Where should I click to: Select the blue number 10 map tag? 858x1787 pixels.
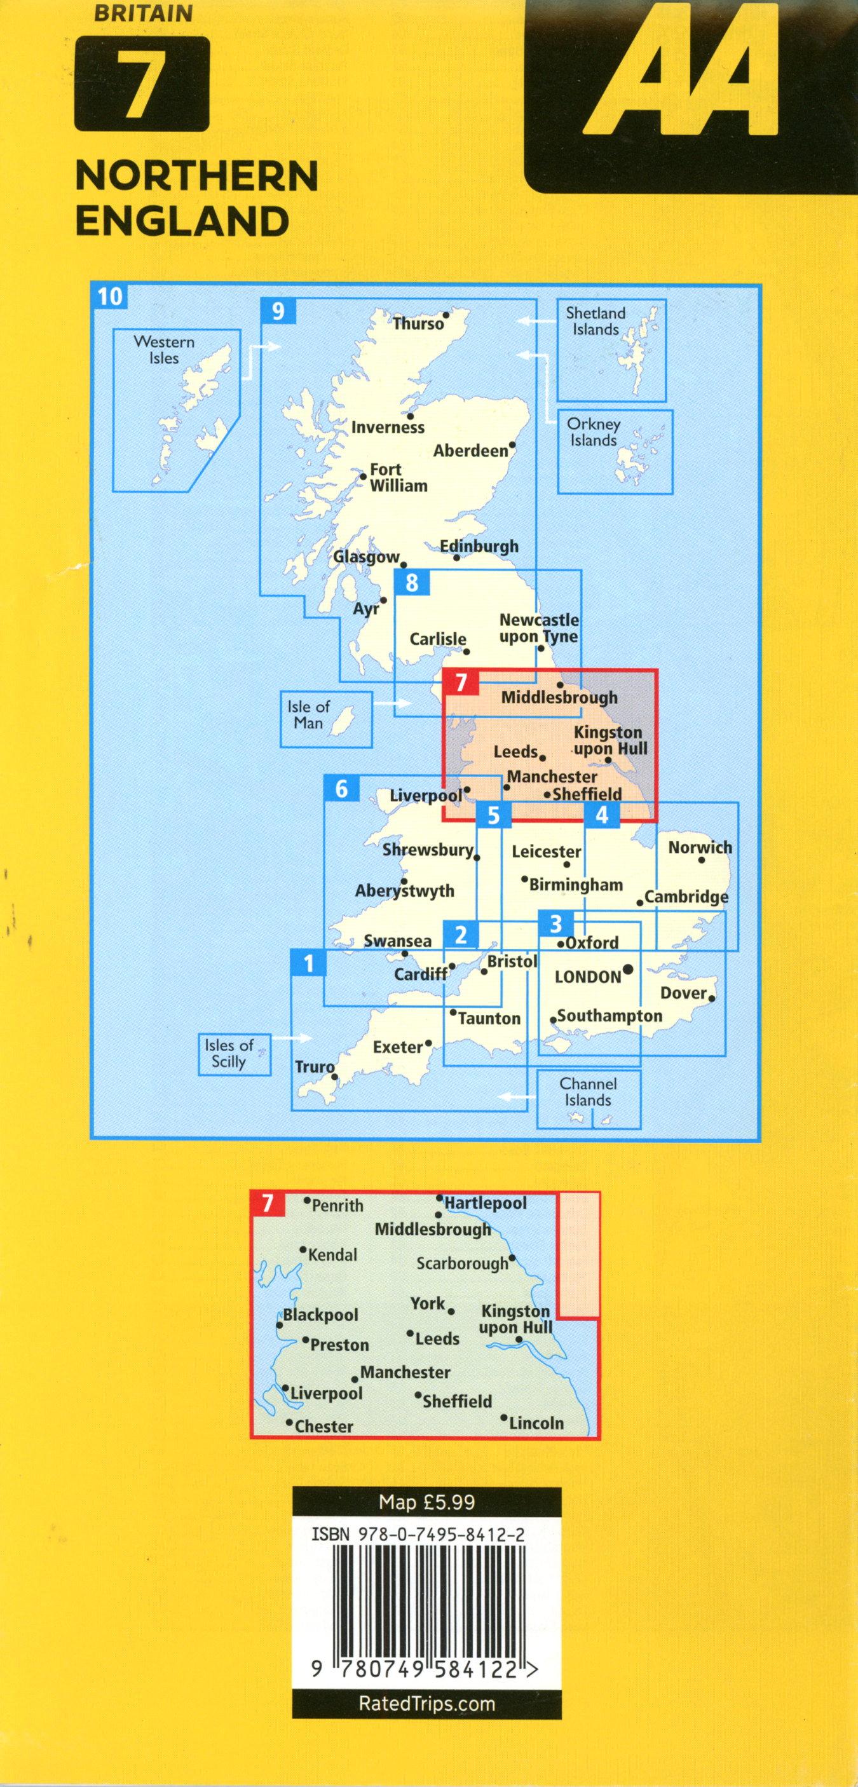point(109,296)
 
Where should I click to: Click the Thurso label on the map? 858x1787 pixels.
point(418,323)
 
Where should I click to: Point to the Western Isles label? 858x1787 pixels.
point(164,350)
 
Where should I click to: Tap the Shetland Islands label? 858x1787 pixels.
point(595,321)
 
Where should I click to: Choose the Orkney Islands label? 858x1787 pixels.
point(593,431)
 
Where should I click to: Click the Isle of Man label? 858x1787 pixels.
point(308,714)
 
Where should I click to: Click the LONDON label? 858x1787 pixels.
point(587,977)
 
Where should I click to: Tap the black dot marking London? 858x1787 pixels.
point(629,969)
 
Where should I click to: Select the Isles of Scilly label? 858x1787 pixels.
point(228,1053)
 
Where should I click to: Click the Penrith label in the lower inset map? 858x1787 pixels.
point(337,1206)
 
